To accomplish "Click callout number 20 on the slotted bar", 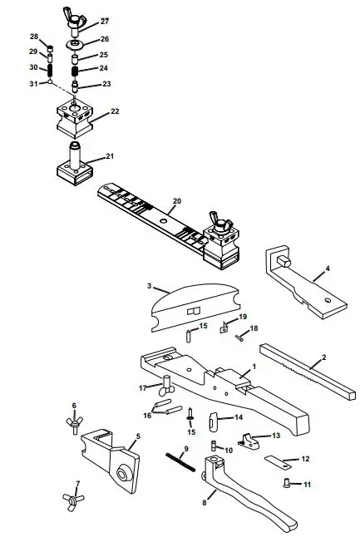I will pos(176,201).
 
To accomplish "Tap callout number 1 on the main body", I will pos(254,367).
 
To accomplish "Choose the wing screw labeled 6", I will pos(74,424).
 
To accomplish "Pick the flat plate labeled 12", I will pos(278,459).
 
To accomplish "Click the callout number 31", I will pos(33,83).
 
